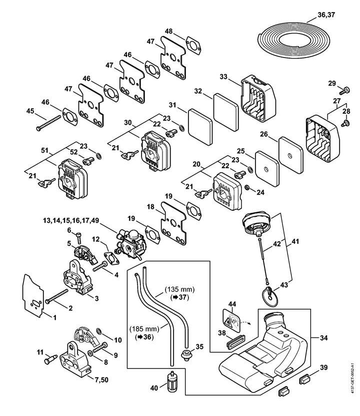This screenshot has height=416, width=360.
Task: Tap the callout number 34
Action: click(323, 338)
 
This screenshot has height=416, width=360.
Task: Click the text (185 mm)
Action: click(144, 329)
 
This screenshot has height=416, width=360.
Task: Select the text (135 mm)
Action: click(179, 289)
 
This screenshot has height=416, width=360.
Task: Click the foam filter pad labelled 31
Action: click(200, 128)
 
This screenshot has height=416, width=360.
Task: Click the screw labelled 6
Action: click(78, 238)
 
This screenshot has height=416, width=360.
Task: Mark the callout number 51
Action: click(45, 150)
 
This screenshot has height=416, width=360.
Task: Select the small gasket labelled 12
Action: click(111, 258)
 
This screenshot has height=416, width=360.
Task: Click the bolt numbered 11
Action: click(50, 360)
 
